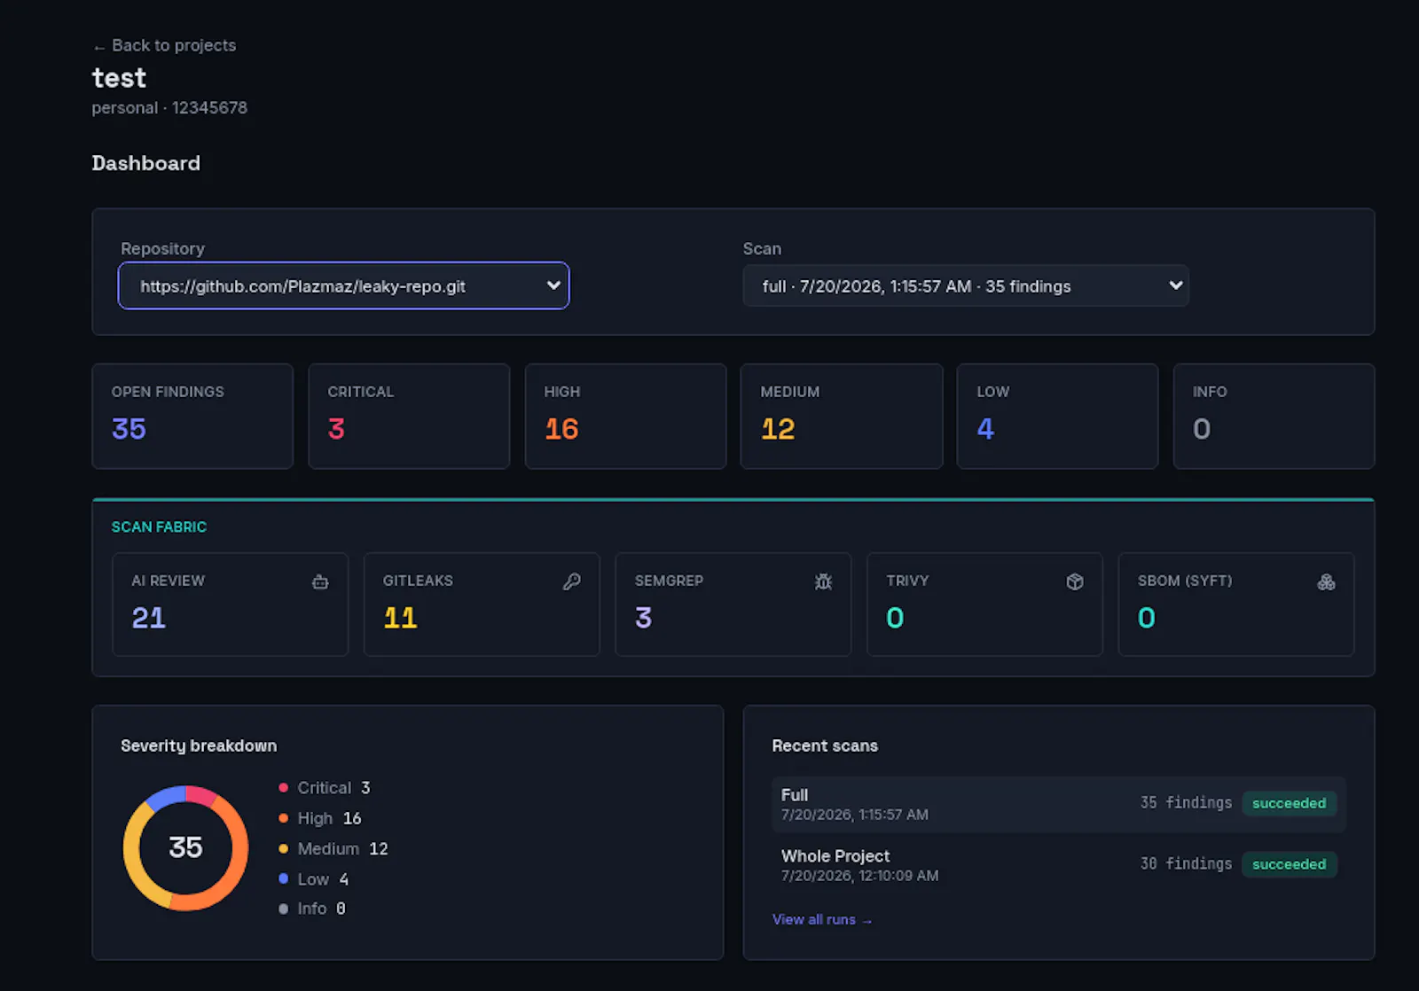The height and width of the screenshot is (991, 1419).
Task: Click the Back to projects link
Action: pos(164,45)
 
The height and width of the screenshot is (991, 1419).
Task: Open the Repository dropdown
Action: pos(343,285)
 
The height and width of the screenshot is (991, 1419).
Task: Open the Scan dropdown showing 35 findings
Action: pos(966,285)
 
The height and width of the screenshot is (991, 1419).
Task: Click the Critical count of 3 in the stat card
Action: pos(336,429)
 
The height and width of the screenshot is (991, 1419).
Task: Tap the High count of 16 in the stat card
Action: pos(561,429)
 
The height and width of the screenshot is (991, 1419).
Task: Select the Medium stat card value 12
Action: pos(777,429)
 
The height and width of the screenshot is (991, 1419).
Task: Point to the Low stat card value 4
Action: pos(985,429)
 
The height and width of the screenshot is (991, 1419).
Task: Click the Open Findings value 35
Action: pos(129,429)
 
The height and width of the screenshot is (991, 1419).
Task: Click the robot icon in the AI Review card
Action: pos(320,581)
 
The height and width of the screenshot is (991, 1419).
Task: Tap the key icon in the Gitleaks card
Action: pos(571,581)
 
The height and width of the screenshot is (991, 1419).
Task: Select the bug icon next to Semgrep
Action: pos(823,581)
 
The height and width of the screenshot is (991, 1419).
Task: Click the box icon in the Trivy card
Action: pos(1074,581)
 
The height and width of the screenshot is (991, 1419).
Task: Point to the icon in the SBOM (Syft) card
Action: pos(1326,581)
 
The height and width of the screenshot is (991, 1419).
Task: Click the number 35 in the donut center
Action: pos(185,847)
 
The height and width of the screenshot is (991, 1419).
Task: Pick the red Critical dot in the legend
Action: pos(283,787)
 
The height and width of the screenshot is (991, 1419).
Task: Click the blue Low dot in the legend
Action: pos(283,878)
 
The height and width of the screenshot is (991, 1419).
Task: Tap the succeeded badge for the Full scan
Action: pos(1289,803)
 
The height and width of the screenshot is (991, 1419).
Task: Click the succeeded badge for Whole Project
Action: pos(1289,863)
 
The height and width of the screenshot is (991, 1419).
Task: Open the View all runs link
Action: pos(821,919)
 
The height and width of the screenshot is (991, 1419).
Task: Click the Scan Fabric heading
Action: pos(159,527)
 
